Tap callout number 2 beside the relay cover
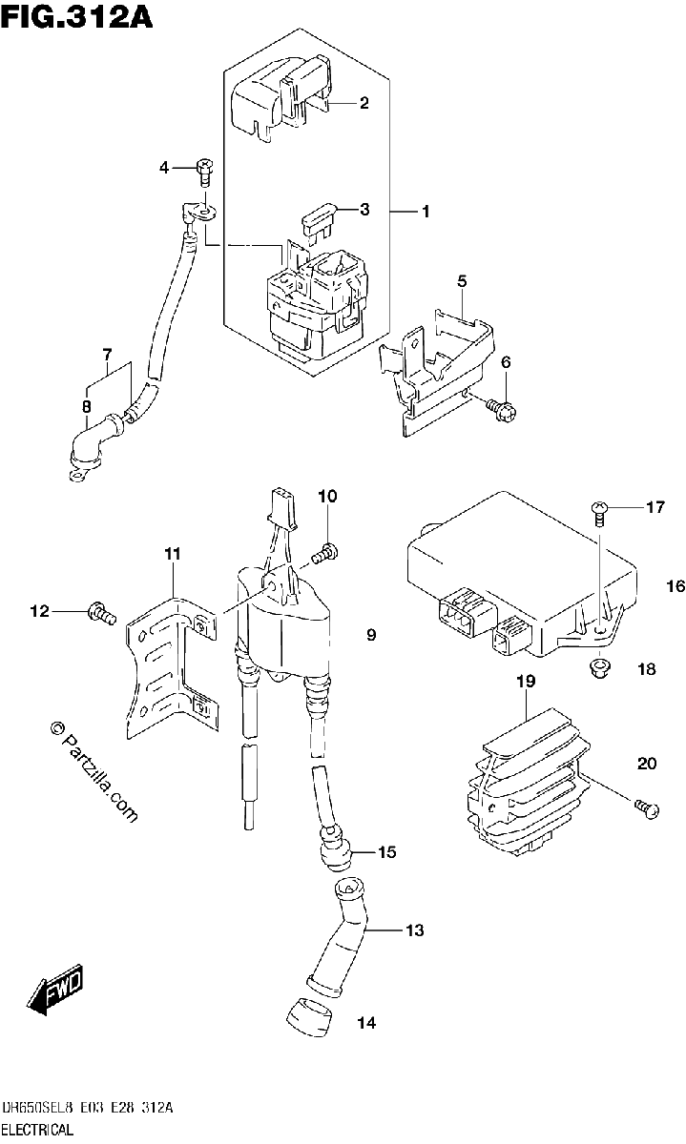pos(364,103)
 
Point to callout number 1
pos(426,211)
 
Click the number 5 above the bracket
pos(462,281)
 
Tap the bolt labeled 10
pos(324,554)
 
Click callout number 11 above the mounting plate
pos(173,553)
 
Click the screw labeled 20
pos(646,809)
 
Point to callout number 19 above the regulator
pos(526,681)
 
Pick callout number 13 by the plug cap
pos(414,930)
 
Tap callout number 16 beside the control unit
pos(676,585)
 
